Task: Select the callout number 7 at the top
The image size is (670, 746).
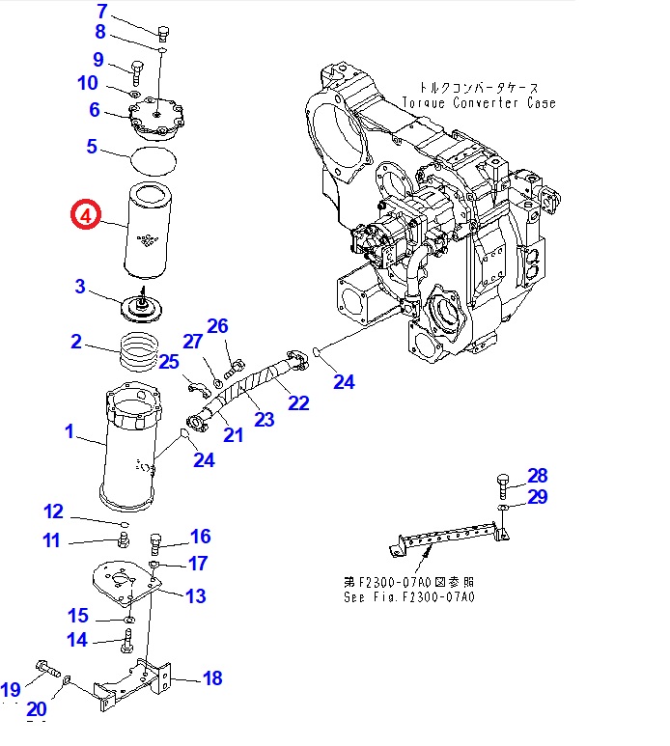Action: pos(103,13)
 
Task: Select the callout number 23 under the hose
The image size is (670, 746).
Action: pos(264,419)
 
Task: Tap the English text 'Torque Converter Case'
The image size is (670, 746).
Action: pos(479,102)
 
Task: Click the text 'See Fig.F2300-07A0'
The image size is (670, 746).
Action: pos(409,596)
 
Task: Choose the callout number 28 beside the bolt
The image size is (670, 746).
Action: pos(537,475)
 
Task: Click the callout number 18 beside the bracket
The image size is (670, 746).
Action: pos(210,678)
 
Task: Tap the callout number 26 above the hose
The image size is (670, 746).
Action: pos(217,326)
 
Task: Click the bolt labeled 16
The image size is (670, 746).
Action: pos(155,542)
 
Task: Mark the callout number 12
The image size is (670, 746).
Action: pos(53,511)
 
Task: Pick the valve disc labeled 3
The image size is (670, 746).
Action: pos(143,307)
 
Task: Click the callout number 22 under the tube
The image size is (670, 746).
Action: pos(298,401)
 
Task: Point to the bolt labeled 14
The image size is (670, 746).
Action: pos(126,638)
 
